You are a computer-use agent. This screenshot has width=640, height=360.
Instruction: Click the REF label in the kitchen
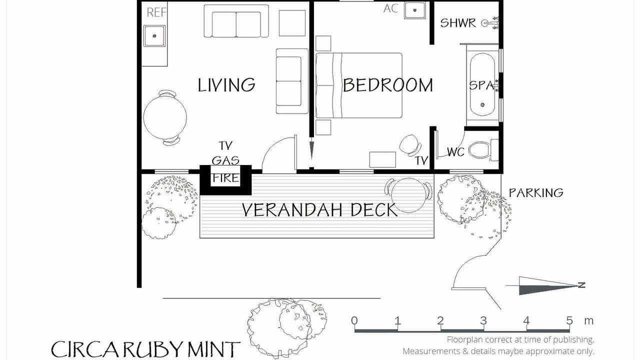[156, 12]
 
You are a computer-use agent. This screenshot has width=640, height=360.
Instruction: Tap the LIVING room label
[226, 85]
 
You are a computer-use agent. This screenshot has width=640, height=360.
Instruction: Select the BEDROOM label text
[387, 85]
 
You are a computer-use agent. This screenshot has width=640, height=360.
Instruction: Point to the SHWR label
[458, 23]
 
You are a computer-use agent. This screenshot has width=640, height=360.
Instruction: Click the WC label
[455, 152]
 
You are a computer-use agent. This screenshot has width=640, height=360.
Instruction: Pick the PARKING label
[536, 193]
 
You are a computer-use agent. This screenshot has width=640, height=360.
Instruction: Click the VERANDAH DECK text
[319, 209]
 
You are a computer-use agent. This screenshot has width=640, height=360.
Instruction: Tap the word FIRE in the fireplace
[225, 178]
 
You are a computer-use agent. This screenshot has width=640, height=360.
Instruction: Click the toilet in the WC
[483, 150]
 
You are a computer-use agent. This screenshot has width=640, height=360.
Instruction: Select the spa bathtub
[482, 84]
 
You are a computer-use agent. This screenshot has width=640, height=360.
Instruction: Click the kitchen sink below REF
[154, 36]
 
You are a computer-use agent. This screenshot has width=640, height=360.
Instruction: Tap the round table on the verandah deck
[408, 195]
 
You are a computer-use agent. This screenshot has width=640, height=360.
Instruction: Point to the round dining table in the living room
[165, 117]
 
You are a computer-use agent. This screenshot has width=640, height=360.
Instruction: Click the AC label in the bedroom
[390, 8]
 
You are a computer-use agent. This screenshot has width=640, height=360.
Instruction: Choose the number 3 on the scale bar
[483, 320]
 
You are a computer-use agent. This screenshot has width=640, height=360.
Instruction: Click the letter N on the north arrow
[581, 285]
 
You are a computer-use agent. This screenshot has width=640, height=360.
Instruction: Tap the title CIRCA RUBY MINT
[145, 349]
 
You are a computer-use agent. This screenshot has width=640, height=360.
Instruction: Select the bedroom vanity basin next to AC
[414, 10]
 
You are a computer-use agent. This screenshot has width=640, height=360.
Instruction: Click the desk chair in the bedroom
[410, 145]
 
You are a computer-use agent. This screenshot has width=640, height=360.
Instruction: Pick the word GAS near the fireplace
[225, 160]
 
